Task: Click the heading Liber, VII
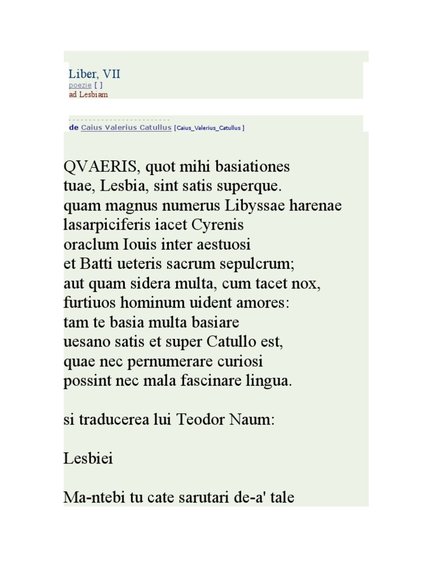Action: pos(94,74)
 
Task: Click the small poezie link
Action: pos(80,85)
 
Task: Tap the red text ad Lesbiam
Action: pos(88,94)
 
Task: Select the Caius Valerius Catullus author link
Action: pos(126,128)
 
